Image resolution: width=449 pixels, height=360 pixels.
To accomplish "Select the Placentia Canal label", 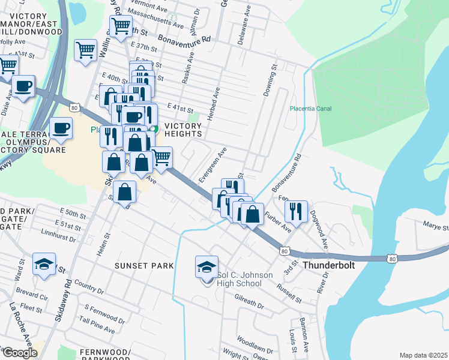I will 310,109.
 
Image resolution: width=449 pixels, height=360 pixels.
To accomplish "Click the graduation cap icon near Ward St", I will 44,264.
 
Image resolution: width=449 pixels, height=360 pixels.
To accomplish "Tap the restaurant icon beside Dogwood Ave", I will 296,211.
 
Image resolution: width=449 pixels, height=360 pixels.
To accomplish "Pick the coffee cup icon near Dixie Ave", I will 23,86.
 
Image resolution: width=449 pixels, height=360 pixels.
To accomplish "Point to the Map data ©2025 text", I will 423,355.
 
